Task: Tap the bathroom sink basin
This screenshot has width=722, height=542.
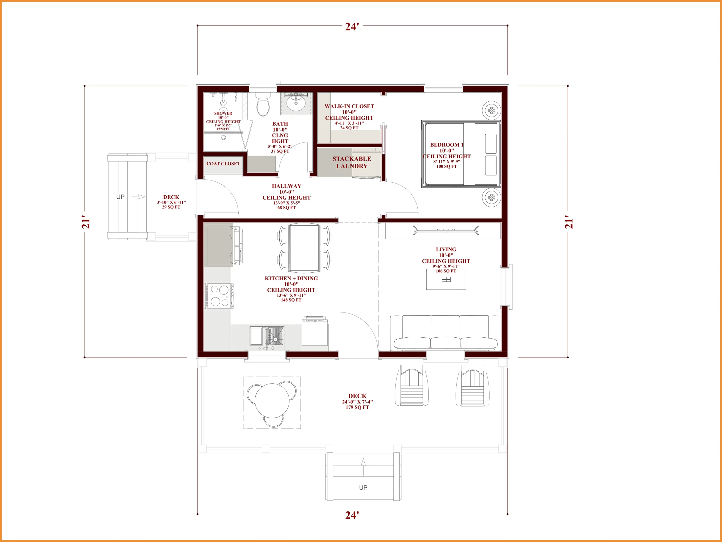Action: [x=296, y=104]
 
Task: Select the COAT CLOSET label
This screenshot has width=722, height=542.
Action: [x=223, y=164]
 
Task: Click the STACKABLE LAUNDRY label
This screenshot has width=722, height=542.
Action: [x=352, y=162]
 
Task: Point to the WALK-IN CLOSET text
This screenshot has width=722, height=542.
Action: [x=349, y=106]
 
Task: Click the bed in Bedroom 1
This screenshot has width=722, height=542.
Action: [x=461, y=154]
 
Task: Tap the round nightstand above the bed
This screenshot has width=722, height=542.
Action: [x=491, y=110]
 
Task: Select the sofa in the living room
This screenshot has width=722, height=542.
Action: [x=446, y=333]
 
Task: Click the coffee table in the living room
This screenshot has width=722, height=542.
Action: [x=446, y=279]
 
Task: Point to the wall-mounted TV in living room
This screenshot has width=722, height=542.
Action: [x=446, y=230]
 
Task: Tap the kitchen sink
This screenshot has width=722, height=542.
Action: [x=267, y=336]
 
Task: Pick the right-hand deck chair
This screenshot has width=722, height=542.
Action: [x=472, y=386]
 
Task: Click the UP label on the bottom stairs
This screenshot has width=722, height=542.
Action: [x=363, y=488]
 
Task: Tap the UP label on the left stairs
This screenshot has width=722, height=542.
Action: [x=120, y=197]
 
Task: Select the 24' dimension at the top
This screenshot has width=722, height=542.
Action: [x=352, y=27]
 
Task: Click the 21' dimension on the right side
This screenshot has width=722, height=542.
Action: [x=569, y=222]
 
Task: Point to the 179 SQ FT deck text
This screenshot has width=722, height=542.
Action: [x=357, y=407]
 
